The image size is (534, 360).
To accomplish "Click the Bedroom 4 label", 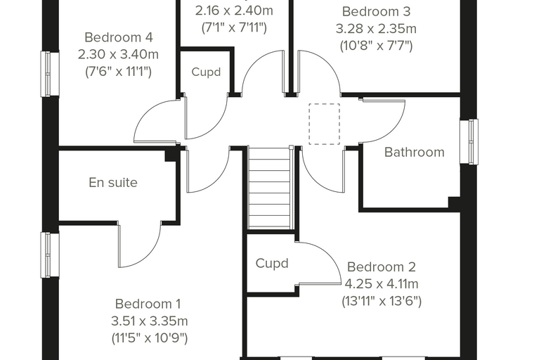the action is tap(119, 37).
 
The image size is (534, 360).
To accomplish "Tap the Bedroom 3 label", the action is tap(377, 11).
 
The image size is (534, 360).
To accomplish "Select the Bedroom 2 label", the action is tap(382, 267).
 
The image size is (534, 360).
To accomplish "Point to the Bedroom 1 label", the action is tap(148, 304).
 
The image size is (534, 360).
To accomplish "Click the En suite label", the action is tap(113, 183).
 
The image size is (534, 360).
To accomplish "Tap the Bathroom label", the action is tap(414, 152).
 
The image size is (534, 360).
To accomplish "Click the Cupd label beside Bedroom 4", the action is tap(206, 72).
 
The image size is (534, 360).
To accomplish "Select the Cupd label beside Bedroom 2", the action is tap(272, 263).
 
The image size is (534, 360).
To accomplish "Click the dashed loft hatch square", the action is tap(324, 124).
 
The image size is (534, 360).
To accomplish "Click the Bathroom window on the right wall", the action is tap(469, 141).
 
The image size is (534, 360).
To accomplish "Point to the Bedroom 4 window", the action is tap(50, 74).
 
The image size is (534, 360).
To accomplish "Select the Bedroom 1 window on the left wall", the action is tap(50, 255).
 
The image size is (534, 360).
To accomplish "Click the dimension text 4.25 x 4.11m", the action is tap(382, 284).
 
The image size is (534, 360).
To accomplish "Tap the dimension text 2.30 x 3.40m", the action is tap(118, 55).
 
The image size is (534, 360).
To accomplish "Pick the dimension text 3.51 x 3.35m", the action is tap(150, 321).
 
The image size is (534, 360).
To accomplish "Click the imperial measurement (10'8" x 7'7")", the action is tap(377, 46).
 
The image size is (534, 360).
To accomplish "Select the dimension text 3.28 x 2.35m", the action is tap(376, 29).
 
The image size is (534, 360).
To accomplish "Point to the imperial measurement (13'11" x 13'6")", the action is tap(382, 302).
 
